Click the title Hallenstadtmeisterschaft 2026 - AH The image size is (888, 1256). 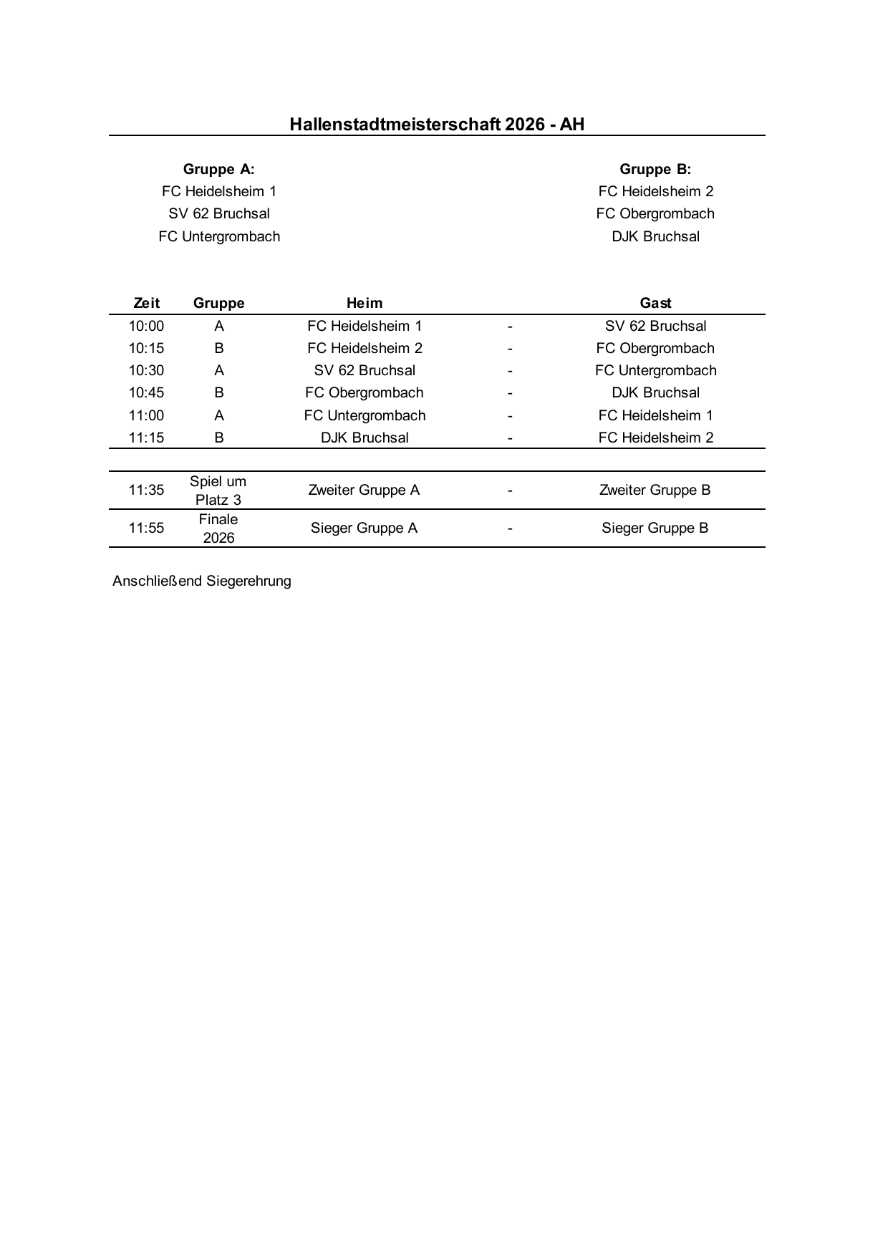[437, 125]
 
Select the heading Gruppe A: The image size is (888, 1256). [218, 170]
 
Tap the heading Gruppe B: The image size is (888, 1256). [655, 170]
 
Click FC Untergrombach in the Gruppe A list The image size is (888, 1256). [219, 236]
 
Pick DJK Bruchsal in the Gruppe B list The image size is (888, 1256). [655, 236]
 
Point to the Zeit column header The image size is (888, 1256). [146, 303]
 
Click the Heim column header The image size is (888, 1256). [365, 303]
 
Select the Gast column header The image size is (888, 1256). [655, 303]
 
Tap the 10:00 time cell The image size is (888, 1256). [146, 326]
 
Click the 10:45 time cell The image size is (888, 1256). [146, 392]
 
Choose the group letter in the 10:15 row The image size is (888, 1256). [219, 348]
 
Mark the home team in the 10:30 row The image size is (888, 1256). [365, 370]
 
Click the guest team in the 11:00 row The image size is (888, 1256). [655, 415]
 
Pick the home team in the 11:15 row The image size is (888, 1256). [365, 438]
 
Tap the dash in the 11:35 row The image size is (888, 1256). [510, 491]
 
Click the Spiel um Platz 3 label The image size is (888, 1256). [218, 491]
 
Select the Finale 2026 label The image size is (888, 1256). [218, 528]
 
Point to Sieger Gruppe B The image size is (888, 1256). [655, 528]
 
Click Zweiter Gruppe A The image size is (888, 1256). [364, 490]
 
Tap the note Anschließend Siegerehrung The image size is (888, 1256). [202, 581]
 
